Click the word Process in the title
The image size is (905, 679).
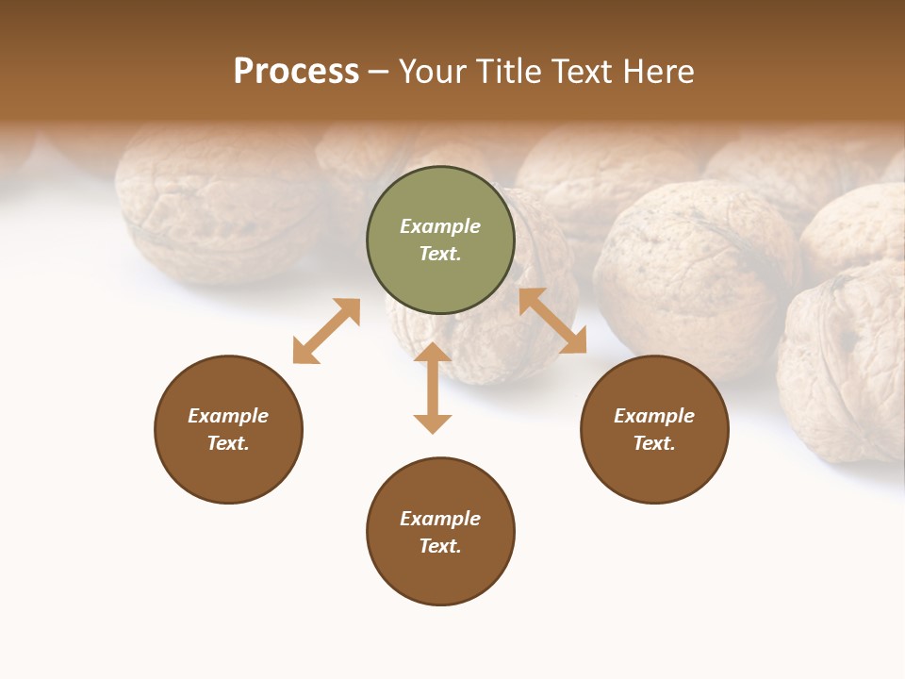(x=296, y=72)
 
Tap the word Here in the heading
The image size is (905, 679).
(x=658, y=72)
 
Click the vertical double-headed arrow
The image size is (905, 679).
(x=433, y=388)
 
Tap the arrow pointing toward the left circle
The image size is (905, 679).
(x=326, y=331)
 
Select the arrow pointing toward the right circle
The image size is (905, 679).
(x=552, y=321)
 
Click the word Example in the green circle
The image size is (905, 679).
(x=440, y=226)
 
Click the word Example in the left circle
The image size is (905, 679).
(x=228, y=416)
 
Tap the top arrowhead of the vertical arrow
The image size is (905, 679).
(x=433, y=353)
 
